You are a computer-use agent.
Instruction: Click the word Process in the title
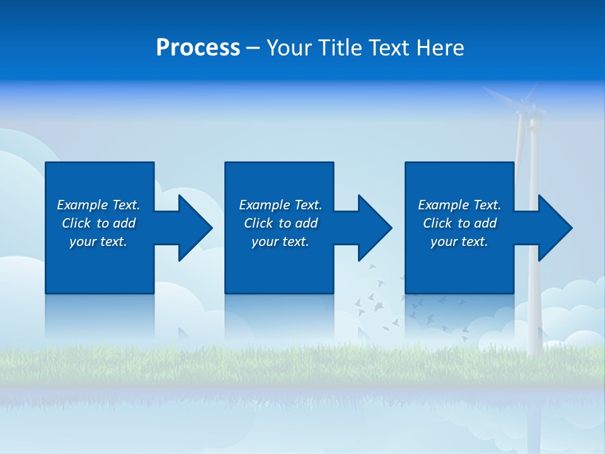tap(198, 48)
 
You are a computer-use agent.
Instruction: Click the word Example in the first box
tap(83, 205)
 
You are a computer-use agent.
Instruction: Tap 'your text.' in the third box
tap(459, 242)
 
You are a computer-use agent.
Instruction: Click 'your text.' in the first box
tap(98, 242)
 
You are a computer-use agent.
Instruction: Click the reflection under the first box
tap(100, 318)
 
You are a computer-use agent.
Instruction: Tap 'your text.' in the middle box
tap(280, 242)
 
